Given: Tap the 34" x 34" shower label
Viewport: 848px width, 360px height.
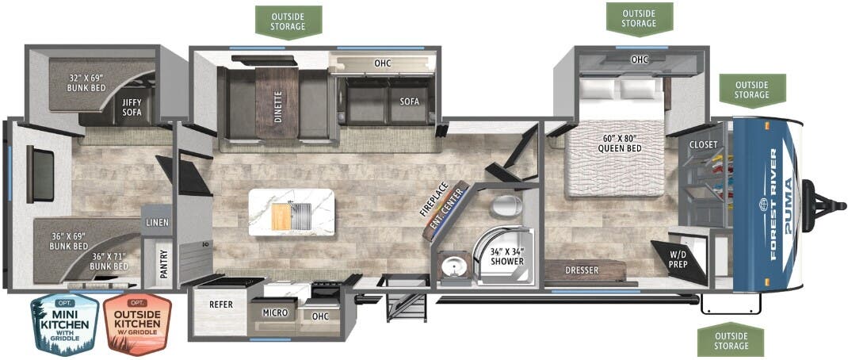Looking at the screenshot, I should coord(506,257).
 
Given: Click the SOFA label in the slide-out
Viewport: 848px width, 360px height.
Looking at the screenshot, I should coord(409,101).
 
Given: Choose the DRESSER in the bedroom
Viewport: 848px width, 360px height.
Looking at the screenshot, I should coord(582,270).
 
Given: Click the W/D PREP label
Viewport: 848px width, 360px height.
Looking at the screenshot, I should coord(678,259).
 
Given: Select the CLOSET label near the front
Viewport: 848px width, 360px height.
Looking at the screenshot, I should coord(703,144).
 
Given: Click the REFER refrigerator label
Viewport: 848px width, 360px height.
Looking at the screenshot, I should coord(220,303).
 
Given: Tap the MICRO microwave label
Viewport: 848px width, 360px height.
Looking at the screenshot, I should coord(275,313).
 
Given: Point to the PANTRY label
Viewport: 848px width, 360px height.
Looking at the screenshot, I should coord(162,262).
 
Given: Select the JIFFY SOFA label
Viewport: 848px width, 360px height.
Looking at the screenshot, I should coord(132,107).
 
